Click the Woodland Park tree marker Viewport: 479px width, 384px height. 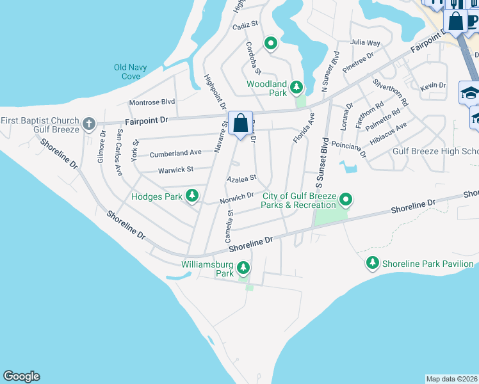296,86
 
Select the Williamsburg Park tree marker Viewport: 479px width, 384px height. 243,267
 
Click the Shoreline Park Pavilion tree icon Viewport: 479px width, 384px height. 373,262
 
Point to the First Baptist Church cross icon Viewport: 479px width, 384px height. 88,123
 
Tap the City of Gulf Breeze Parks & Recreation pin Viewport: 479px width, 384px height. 346,200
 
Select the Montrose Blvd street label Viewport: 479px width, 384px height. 152,102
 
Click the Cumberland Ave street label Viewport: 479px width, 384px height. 175,154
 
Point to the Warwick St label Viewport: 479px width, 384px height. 175,170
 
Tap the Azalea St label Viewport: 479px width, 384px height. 242,177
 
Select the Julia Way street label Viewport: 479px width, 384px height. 365,43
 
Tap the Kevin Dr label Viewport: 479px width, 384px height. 433,85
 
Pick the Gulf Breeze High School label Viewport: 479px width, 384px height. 435,151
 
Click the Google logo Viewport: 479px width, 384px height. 21,376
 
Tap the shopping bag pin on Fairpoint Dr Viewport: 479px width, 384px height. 240,122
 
